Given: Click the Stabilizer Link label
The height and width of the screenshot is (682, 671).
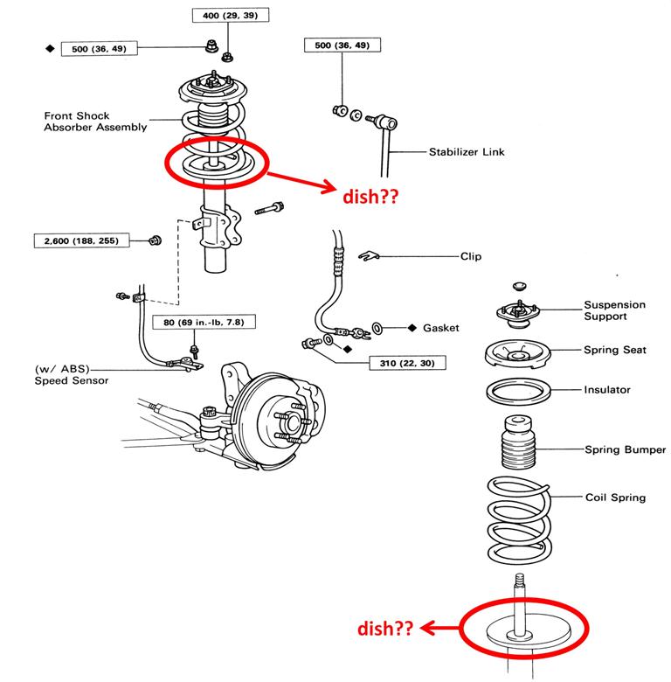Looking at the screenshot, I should tap(466, 152).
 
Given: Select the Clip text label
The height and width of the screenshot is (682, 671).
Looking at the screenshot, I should tap(471, 257).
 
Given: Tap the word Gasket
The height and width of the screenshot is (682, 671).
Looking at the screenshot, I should tap(441, 328).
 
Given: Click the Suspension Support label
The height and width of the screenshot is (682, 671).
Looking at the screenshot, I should tap(615, 310).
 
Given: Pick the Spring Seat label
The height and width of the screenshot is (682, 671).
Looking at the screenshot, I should tap(615, 350).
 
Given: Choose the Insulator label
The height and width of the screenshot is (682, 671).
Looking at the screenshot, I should tap(607, 389).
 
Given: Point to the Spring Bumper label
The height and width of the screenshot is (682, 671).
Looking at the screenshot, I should tap(625, 450).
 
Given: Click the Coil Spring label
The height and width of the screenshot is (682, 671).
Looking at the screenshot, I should tap(615, 498).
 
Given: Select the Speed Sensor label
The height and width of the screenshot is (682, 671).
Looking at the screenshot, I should tap(72, 380).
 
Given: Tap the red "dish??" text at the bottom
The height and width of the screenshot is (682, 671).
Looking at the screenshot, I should tap(386, 629).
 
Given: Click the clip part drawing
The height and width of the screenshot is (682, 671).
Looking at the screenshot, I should tap(368, 255).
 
